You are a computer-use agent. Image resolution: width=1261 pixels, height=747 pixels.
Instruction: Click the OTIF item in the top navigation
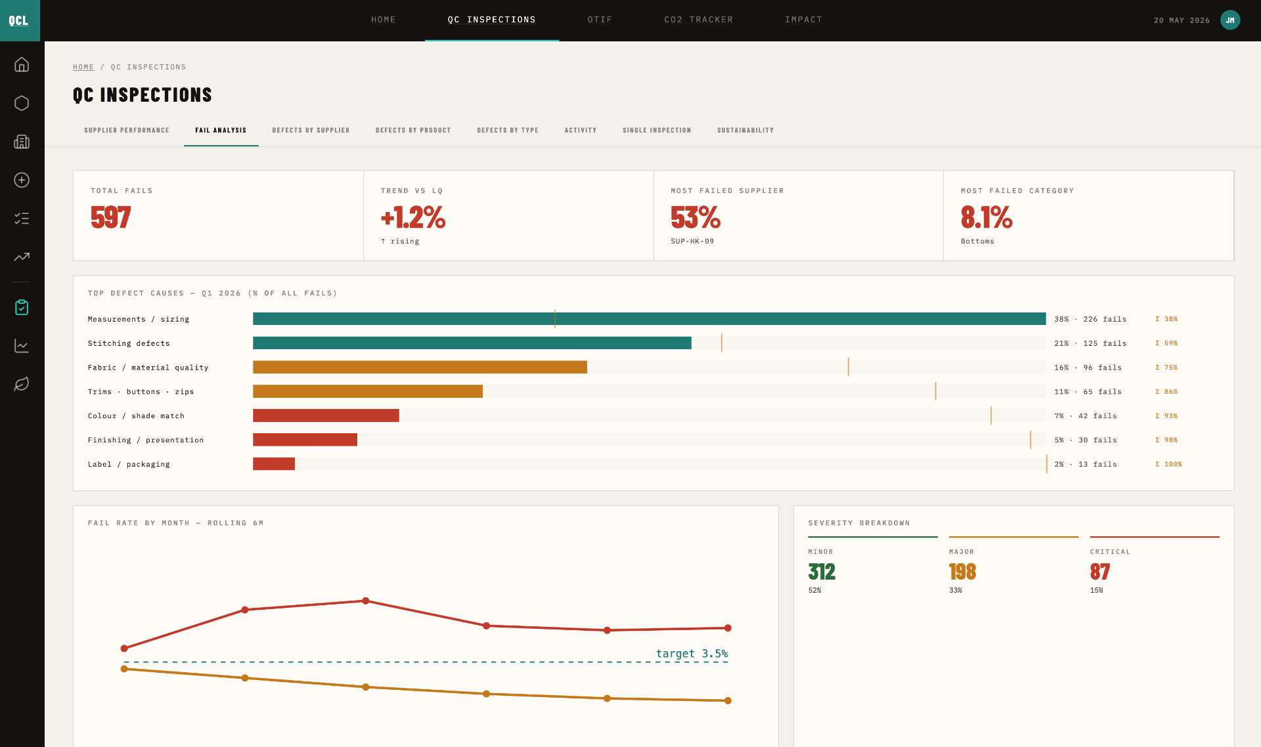pos(600,20)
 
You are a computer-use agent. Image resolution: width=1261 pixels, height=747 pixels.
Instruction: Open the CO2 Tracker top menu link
pos(698,20)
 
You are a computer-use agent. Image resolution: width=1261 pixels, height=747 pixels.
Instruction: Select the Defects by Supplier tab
pos(311,130)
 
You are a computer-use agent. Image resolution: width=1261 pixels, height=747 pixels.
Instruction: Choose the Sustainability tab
pos(745,130)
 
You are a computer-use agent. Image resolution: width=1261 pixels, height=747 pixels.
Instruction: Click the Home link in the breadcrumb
pos(83,67)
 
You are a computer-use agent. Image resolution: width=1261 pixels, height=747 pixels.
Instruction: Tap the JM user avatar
pos(1230,20)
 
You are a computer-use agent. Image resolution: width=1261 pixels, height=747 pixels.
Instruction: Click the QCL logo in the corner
pos(20,20)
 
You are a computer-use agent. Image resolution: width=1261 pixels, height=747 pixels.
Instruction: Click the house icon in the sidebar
pos(22,64)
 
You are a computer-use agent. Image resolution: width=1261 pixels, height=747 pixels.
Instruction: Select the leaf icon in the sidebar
pos(22,384)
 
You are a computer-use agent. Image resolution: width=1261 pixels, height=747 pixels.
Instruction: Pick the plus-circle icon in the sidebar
pos(22,180)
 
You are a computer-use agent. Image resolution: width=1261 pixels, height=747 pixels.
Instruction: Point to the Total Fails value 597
pos(111,217)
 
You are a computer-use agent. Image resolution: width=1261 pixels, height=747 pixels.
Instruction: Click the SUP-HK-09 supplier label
pos(692,242)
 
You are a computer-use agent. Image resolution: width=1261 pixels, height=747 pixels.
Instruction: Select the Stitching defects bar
pos(472,343)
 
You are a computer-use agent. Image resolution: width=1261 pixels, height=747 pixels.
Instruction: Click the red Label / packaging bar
pos(274,464)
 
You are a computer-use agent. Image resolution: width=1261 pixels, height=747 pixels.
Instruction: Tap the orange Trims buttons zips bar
pos(368,391)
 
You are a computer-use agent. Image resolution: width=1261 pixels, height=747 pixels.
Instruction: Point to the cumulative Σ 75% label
pos(1166,368)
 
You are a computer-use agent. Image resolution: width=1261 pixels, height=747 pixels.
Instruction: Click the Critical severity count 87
pos(1100,572)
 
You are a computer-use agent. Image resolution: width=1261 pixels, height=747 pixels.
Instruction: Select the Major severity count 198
pos(962,572)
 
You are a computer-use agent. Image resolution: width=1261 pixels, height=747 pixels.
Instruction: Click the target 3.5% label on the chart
pos(692,654)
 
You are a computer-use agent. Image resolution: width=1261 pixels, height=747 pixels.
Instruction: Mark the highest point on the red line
pos(366,601)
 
